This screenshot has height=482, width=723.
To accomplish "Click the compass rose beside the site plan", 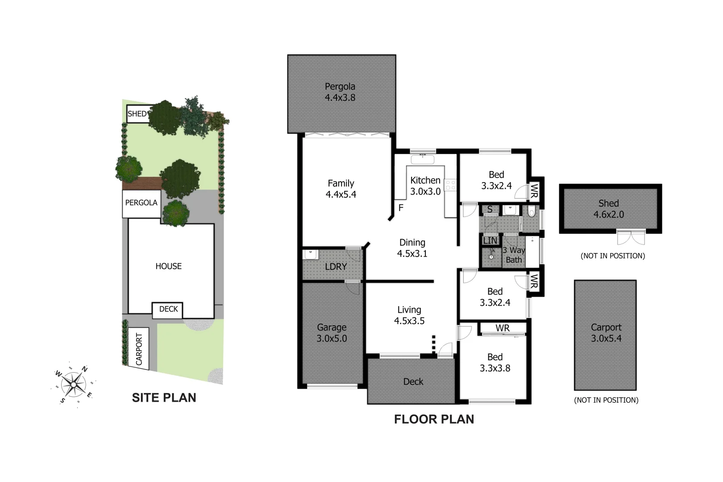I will pyautogui.click(x=73, y=383).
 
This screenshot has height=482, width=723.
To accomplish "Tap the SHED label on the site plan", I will pyautogui.click(x=137, y=114).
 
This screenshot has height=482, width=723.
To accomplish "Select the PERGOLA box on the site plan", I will pyautogui.click(x=141, y=203).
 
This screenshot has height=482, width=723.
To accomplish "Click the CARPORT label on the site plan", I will pyautogui.click(x=139, y=349).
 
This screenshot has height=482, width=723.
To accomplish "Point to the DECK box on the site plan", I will pyautogui.click(x=168, y=309).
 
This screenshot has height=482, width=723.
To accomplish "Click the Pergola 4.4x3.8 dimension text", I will pyautogui.click(x=340, y=98).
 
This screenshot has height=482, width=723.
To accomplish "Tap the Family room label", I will pyautogui.click(x=341, y=189).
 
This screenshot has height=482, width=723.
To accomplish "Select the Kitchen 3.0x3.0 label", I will pyautogui.click(x=425, y=186).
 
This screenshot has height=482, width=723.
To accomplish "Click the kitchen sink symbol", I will pyautogui.click(x=422, y=158).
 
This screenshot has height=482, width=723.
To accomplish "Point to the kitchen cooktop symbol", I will pyautogui.click(x=450, y=184).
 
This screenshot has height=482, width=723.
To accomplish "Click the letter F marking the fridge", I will pyautogui.click(x=401, y=208).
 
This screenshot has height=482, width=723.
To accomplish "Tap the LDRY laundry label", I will pyautogui.click(x=336, y=266).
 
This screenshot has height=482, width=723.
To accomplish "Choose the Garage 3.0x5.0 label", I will pyautogui.click(x=332, y=333).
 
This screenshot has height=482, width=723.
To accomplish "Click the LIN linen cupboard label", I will pyautogui.click(x=490, y=241).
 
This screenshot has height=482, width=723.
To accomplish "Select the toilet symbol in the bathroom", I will pyautogui.click(x=531, y=211).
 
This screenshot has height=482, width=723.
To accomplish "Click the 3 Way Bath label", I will pyautogui.click(x=514, y=255).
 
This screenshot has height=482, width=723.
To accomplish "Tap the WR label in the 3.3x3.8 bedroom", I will pyautogui.click(x=503, y=328).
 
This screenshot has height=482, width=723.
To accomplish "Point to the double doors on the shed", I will pyautogui.click(x=631, y=237).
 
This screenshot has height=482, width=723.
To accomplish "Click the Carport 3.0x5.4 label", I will pyautogui.click(x=606, y=333).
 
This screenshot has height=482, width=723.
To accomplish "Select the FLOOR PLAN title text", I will pyautogui.click(x=434, y=419).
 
